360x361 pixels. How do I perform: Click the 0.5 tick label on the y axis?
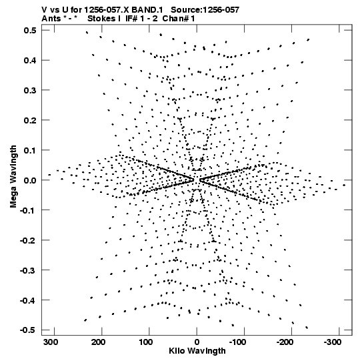[30, 30]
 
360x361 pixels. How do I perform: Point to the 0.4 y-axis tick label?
[30, 60]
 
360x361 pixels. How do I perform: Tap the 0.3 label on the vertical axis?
[30, 90]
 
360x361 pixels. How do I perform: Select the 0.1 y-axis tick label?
[30, 150]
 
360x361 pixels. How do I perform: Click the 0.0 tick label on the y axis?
[30, 180]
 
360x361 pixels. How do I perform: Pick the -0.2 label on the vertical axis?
[28, 241]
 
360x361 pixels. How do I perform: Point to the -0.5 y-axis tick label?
[28, 330]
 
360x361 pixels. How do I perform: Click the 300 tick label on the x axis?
[51, 342]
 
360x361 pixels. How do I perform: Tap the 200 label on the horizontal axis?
[99, 342]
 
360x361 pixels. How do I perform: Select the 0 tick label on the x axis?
[197, 342]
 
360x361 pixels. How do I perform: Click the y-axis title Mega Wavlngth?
[13, 177]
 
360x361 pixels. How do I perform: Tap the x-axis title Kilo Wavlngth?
[197, 351]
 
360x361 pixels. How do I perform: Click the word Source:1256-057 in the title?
[205, 10]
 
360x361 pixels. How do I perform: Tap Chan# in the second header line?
[175, 19]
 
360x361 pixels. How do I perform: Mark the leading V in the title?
[44, 10]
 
